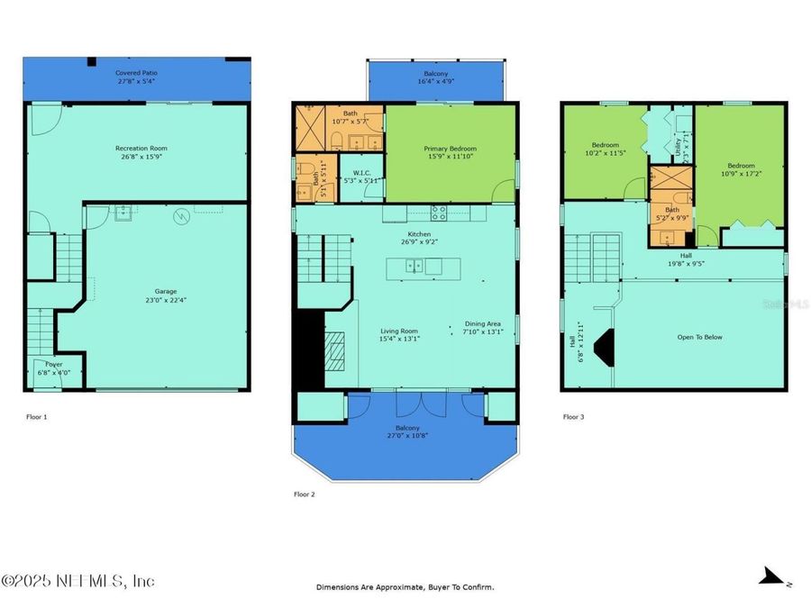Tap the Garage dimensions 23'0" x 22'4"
[165, 300]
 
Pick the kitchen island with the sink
[423, 266]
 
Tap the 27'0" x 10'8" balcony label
[407, 432]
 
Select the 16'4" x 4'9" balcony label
[436, 77]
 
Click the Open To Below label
[700, 338]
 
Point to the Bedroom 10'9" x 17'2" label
[740, 169]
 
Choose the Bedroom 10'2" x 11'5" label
[605, 149]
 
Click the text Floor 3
[575, 417]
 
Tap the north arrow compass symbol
[771, 576]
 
